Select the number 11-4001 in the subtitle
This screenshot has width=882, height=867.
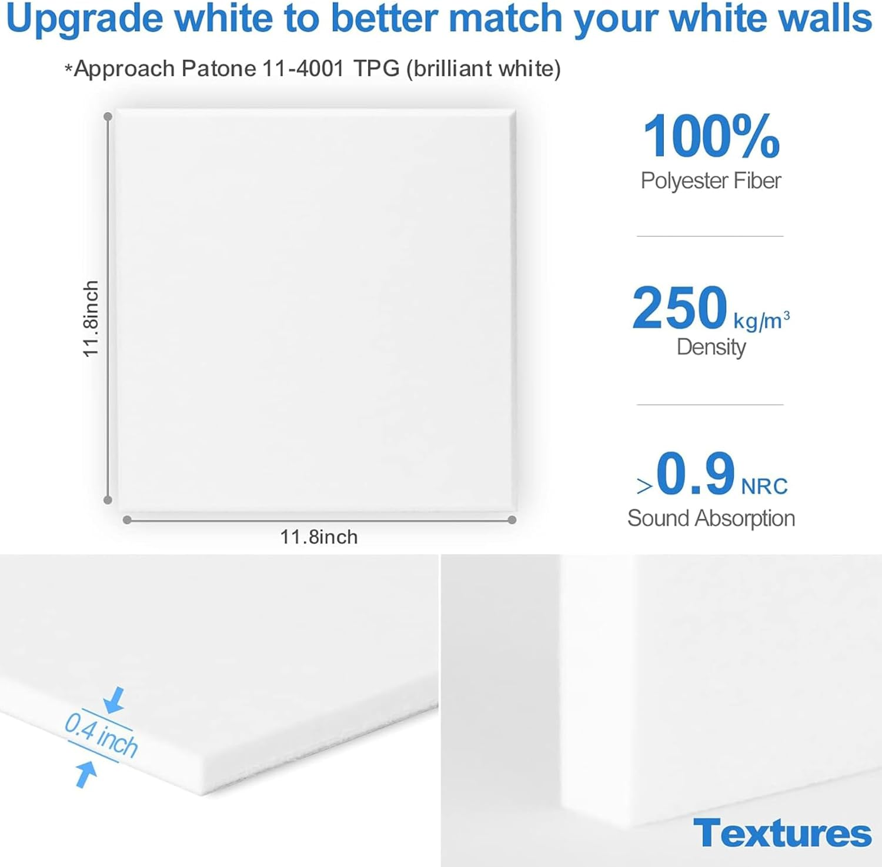coord(303,69)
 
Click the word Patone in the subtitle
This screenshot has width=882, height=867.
coord(219,69)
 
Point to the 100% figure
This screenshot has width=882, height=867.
coord(711,136)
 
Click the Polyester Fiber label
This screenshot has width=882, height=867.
coord(711,181)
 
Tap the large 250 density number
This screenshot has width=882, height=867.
coord(680,308)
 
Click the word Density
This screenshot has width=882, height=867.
coord(711,347)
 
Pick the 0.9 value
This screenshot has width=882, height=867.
coord(696,474)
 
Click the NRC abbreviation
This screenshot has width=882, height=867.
coord(764,486)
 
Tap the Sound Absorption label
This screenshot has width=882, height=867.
coord(711,518)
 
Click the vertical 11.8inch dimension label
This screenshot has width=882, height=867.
coord(90,318)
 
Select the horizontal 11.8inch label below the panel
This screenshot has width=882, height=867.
coord(319,537)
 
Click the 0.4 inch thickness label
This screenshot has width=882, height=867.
coord(101,735)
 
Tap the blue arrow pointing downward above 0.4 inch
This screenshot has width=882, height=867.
coord(114,699)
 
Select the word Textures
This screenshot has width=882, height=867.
coord(782,833)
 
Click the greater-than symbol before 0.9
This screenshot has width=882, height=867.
coord(644,486)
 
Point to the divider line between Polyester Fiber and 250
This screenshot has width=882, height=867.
coord(710,236)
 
